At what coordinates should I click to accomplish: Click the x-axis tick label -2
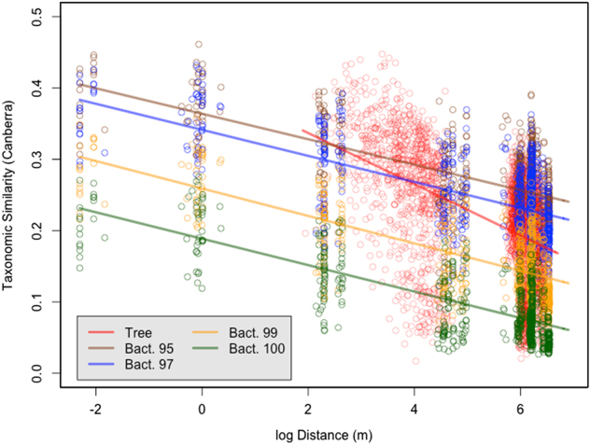click(96, 408)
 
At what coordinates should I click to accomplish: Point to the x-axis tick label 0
click(202, 408)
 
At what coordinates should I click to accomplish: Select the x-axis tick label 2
click(307, 408)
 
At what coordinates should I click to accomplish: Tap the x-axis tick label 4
click(414, 408)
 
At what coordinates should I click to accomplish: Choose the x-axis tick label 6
click(519, 408)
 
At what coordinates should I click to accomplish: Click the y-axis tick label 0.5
click(38, 16)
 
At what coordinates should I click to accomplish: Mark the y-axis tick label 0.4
click(38, 87)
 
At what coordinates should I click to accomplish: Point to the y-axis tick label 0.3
click(38, 159)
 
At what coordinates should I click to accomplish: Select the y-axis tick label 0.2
click(38, 230)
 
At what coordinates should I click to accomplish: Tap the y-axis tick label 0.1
click(38, 301)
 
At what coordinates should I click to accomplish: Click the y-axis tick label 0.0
click(38, 373)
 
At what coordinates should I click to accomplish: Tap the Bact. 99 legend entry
click(236, 330)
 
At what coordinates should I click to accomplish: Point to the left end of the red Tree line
click(303, 131)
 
